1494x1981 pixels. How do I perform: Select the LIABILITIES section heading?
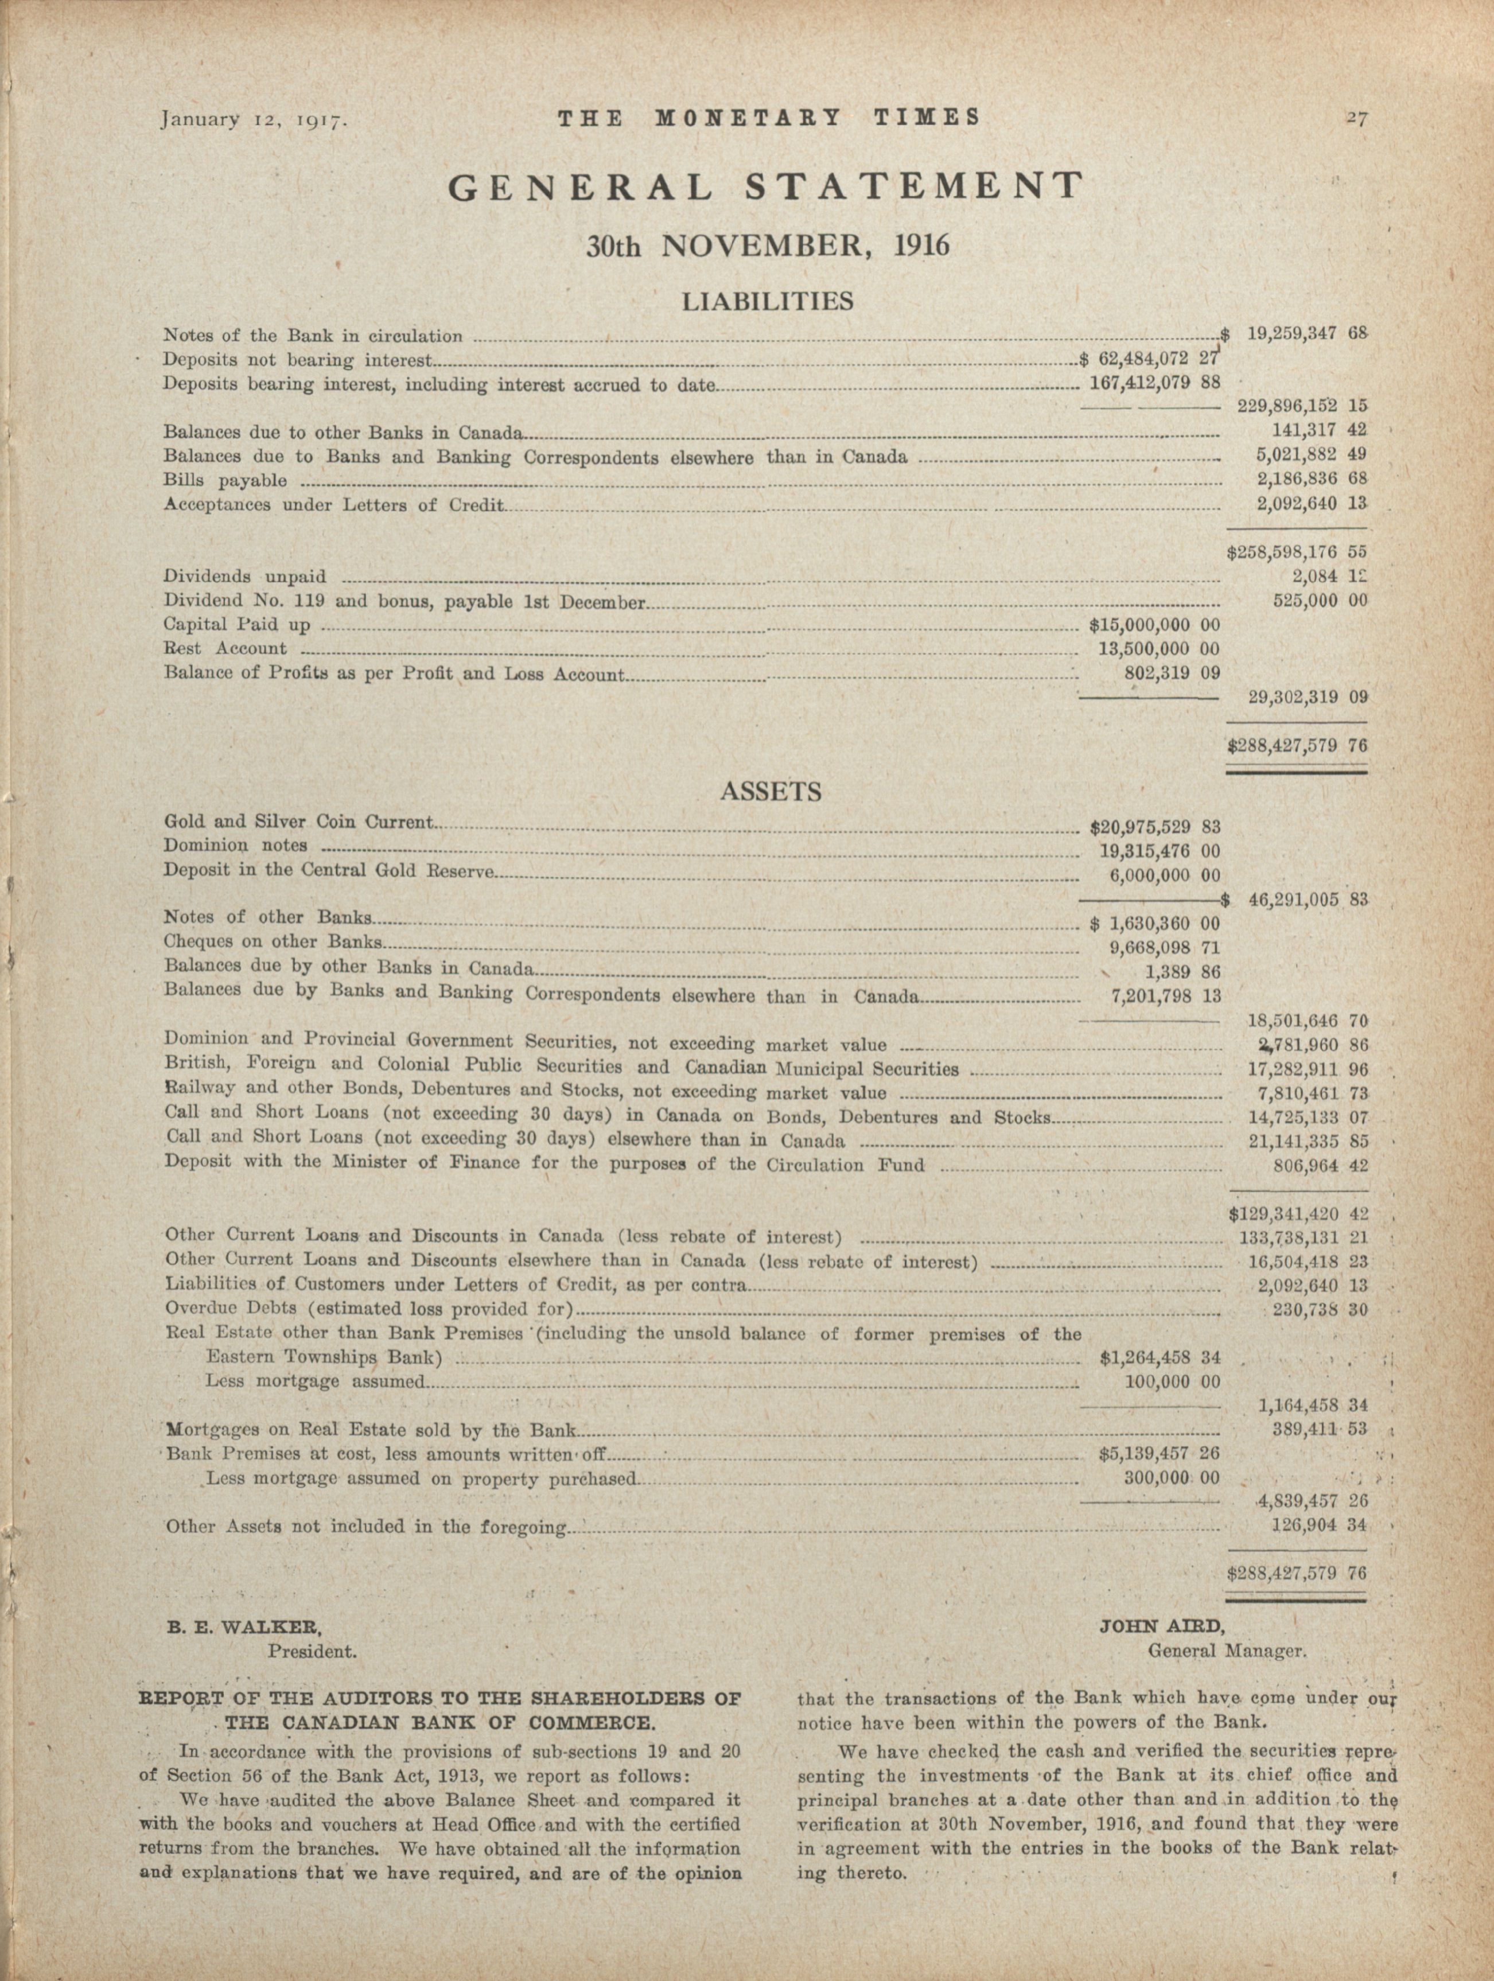[x=768, y=301]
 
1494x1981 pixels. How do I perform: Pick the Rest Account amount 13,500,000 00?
[x=1159, y=648]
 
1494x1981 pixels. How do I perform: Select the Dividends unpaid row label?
[x=244, y=577]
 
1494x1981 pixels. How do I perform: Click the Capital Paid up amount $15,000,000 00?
[x=1154, y=624]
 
